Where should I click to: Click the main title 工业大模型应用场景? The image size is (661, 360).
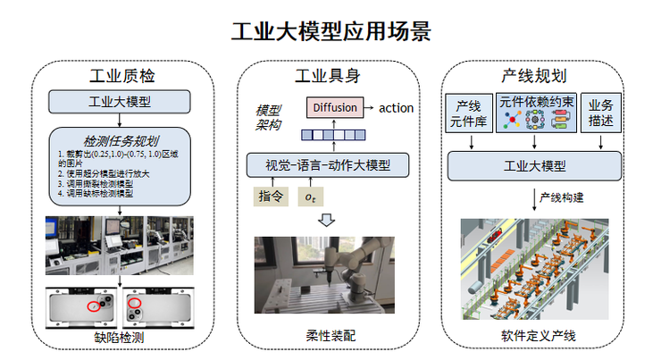coord(330,31)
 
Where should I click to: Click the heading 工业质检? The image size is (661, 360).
coord(124,74)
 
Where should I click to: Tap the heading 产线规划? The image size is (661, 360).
coord(534,74)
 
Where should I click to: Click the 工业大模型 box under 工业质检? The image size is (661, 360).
coord(122,101)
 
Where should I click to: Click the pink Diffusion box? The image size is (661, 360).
coord(336,107)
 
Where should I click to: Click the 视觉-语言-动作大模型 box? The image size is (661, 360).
coord(328,164)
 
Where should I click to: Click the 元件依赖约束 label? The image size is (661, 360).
coord(535,101)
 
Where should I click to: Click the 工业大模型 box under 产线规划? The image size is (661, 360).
coord(535,165)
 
